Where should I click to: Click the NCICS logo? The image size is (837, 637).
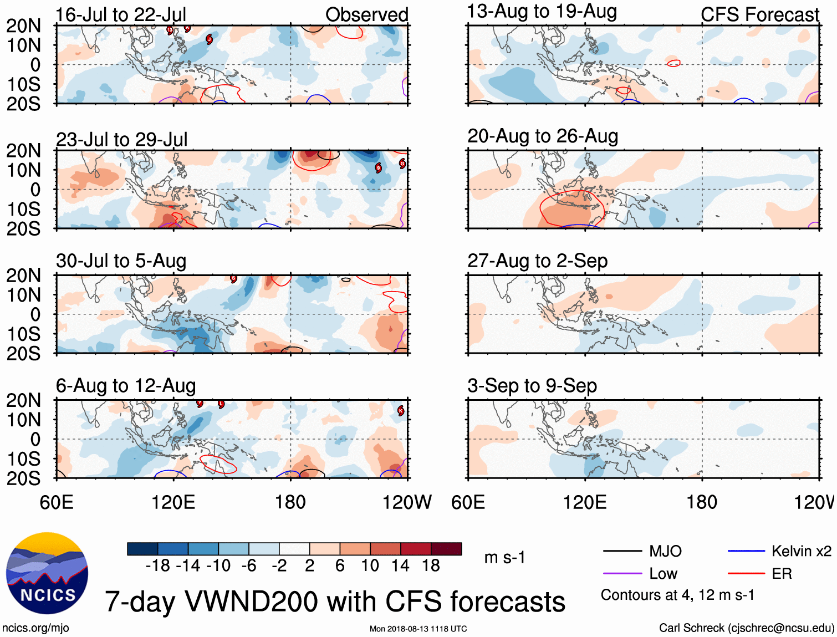point(47,573)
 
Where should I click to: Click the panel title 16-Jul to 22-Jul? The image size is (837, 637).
point(121,15)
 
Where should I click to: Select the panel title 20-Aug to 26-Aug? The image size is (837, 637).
point(542,136)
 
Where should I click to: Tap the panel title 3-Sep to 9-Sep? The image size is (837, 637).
point(532,386)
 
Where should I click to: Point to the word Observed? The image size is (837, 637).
point(366,15)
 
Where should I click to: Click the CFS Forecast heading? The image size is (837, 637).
point(759,15)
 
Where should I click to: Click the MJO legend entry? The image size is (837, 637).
point(665,551)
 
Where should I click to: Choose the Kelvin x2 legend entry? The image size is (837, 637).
point(801,551)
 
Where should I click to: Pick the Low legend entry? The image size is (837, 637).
point(663,574)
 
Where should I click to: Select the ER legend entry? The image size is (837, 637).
point(782,574)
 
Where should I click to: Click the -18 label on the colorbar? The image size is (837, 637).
point(157,565)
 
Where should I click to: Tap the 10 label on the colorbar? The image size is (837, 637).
point(370,565)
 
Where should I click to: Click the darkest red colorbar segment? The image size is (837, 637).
point(446,549)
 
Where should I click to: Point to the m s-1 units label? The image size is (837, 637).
point(504,558)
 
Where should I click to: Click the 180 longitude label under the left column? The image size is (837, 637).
point(290,502)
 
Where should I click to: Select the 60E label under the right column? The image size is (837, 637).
point(468,502)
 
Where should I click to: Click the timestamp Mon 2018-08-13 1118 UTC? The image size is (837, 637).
point(418,629)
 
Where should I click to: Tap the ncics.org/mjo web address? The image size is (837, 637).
point(35,628)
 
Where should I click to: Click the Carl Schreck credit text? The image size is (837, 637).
point(746,628)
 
